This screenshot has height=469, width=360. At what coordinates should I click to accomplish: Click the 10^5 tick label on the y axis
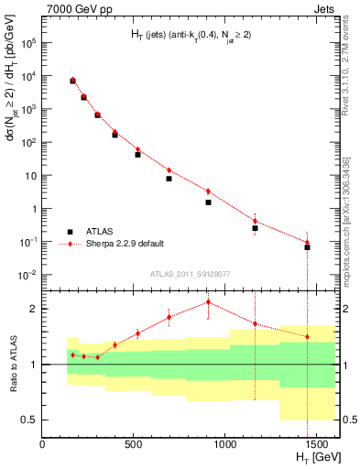[x=28, y=42]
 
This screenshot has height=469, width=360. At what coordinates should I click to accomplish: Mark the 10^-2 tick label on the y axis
[x=28, y=276]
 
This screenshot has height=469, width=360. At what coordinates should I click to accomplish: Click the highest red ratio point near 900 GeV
[x=208, y=301]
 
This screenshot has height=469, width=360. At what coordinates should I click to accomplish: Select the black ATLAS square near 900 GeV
[x=208, y=202]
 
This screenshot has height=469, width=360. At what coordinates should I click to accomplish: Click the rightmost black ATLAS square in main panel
[x=307, y=247]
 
